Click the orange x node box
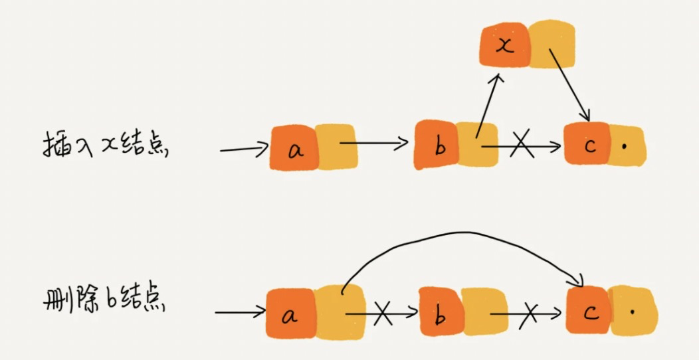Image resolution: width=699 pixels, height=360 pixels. coord(505,45)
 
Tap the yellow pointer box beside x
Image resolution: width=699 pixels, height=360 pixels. coord(551,44)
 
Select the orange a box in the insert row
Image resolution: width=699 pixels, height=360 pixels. coord(294,148)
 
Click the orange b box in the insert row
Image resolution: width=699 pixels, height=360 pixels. coord(437,144)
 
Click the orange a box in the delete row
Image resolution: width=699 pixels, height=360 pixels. coord(290,314)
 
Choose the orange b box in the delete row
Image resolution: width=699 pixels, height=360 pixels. coord(441,313)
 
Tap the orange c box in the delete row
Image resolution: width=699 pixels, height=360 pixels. coord(589,310)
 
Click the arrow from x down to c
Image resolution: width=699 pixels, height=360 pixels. coord(569,84)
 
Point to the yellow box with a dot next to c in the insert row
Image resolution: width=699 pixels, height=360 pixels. coord(627,145)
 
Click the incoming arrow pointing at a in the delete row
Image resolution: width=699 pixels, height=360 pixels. coord(241,312)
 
